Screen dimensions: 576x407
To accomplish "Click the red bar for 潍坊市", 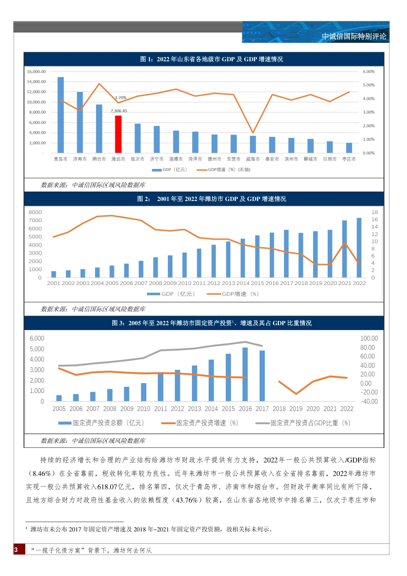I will pyautogui.click(x=118, y=134).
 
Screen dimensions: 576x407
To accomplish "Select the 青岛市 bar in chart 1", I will pyautogui.click(x=60, y=115).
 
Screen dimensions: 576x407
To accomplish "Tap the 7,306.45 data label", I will pyautogui.click(x=119, y=111).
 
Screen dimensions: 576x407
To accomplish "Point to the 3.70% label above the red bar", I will pyautogui.click(x=121, y=98).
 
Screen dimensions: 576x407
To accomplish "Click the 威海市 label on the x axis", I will pyautogui.click(x=253, y=159).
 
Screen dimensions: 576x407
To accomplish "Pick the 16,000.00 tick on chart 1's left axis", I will pyautogui.click(x=36, y=72).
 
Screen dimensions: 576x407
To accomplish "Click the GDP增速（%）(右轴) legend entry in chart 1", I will pyautogui.click(x=224, y=170).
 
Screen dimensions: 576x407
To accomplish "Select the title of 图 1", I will pyautogui.click(x=211, y=59).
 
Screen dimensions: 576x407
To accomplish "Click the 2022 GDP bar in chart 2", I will pyautogui.click(x=359, y=247).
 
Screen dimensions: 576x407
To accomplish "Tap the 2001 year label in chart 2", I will pyautogui.click(x=54, y=283).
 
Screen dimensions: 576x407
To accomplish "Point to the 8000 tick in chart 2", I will pyautogui.click(x=35, y=212).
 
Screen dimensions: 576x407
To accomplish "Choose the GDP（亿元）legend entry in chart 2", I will pyautogui.click(x=171, y=294).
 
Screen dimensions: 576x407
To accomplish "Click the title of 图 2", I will pyautogui.click(x=211, y=199).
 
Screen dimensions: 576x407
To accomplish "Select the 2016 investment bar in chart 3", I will pyautogui.click(x=245, y=374).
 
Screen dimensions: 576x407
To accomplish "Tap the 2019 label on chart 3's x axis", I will pyautogui.click(x=296, y=409).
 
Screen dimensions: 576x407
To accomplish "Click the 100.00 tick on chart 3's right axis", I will pyautogui.click(x=369, y=339).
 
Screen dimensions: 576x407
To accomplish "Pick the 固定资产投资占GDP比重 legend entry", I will pyautogui.click(x=303, y=423).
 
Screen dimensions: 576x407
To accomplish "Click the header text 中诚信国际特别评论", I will pyautogui.click(x=354, y=36).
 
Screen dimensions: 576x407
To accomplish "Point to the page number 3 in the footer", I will pyautogui.click(x=16, y=550).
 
